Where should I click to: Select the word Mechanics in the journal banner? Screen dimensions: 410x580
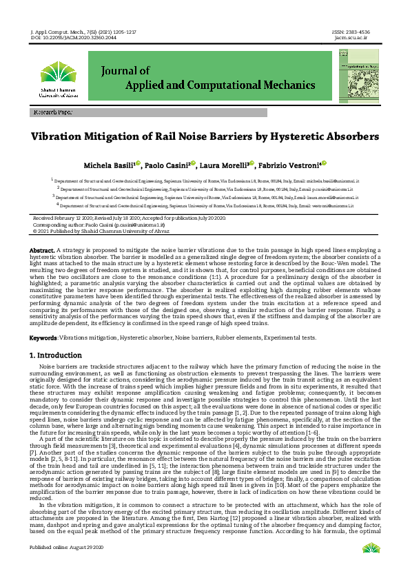tap(286, 85)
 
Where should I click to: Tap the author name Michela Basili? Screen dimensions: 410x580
tap(109, 166)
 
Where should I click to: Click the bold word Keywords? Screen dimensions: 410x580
tap(43, 338)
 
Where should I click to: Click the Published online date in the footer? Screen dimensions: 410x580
tap(65, 566)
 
